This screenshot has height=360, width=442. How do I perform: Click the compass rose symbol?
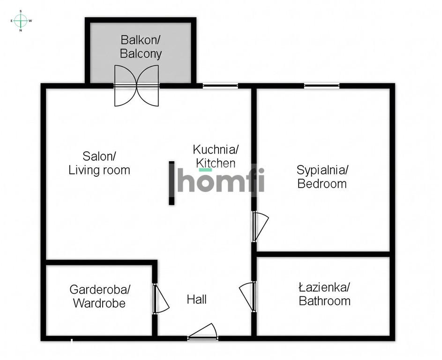pos(21,21)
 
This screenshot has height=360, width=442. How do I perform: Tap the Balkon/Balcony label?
pos(141,47)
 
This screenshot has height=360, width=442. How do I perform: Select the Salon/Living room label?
pos(99,163)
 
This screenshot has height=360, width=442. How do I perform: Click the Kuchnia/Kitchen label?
pos(216,157)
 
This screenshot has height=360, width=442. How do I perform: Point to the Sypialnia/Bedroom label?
pos(322,177)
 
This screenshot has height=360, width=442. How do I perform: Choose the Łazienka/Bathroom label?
pos(324,294)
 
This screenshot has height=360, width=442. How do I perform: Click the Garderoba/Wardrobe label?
pos(99,296)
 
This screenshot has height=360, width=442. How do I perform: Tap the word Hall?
pos(197,300)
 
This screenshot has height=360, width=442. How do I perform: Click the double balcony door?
pos(136,86)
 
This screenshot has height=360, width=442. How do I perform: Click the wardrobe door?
pos(161,299)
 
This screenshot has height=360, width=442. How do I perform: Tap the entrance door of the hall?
pos(202,331)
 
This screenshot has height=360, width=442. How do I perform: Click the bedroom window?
pos(322,85)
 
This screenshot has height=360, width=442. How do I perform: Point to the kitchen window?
pos(220,85)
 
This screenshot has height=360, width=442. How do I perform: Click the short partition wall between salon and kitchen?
pos(172,183)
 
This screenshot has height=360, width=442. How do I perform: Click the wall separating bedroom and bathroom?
pos(323,254)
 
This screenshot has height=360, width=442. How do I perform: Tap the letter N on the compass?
pos(21,30)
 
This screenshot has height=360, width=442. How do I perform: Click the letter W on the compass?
pos(30,21)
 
